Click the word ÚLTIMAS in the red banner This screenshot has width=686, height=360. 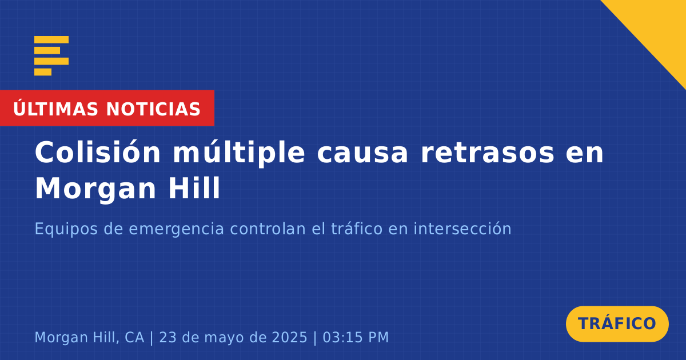(x=55, y=109)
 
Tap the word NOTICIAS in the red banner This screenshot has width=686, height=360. (x=153, y=109)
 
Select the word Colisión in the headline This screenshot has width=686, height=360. (x=98, y=152)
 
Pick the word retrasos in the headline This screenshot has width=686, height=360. (x=488, y=154)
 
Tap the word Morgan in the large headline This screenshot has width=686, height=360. (x=96, y=190)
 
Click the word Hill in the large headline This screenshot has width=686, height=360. (x=194, y=187)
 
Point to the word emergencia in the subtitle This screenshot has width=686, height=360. (x=177, y=230)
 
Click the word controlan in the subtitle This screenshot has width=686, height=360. (x=268, y=229)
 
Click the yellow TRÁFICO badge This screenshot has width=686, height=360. (x=617, y=323)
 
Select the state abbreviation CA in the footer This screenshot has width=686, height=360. (x=134, y=337)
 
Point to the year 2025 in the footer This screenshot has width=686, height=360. (x=289, y=337)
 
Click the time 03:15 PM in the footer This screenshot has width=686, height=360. (x=356, y=337)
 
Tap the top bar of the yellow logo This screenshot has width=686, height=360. (x=51, y=39)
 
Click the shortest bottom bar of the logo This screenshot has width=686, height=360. (x=43, y=72)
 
